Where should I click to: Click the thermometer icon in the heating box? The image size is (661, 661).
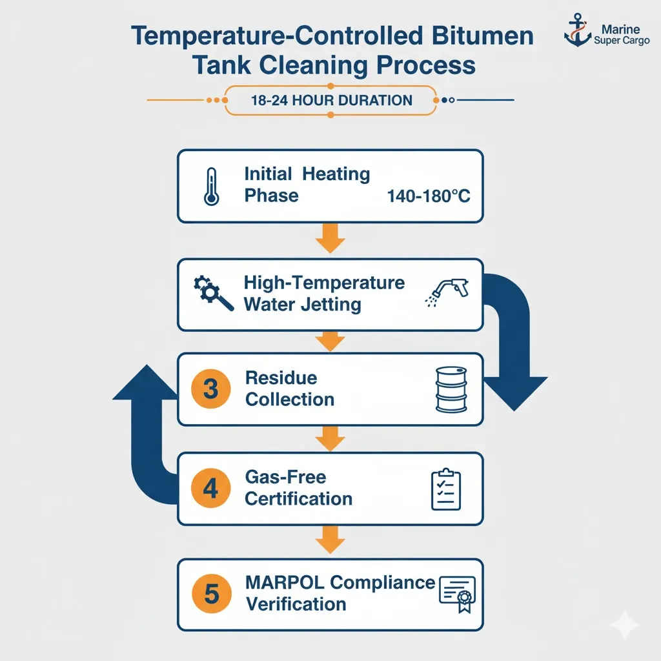click(210, 187)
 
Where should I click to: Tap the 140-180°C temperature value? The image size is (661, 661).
click(429, 196)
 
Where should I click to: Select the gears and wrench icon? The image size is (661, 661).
click(213, 293)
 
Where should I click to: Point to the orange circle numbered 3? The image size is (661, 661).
click(210, 389)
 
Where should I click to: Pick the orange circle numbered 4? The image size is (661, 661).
click(210, 488)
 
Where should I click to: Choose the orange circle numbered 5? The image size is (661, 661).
click(210, 594)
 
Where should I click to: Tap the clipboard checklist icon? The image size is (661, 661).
click(446, 489)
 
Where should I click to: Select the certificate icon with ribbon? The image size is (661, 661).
click(456, 594)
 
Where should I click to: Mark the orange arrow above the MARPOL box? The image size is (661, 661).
click(330, 540)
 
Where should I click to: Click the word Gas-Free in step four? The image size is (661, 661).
click(285, 478)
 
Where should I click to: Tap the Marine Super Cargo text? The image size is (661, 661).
click(620, 36)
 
